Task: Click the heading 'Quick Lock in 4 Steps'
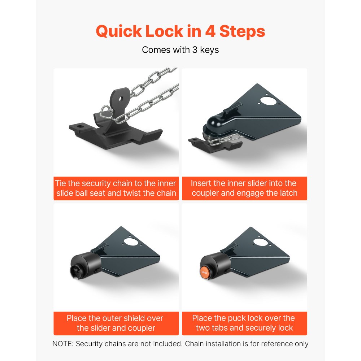tap(180, 31)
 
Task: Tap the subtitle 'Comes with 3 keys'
tap(180, 50)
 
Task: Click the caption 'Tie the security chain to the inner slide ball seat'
tap(116, 188)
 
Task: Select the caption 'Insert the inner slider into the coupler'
tap(244, 188)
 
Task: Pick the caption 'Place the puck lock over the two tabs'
tap(244, 323)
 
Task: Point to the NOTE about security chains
tap(180, 344)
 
